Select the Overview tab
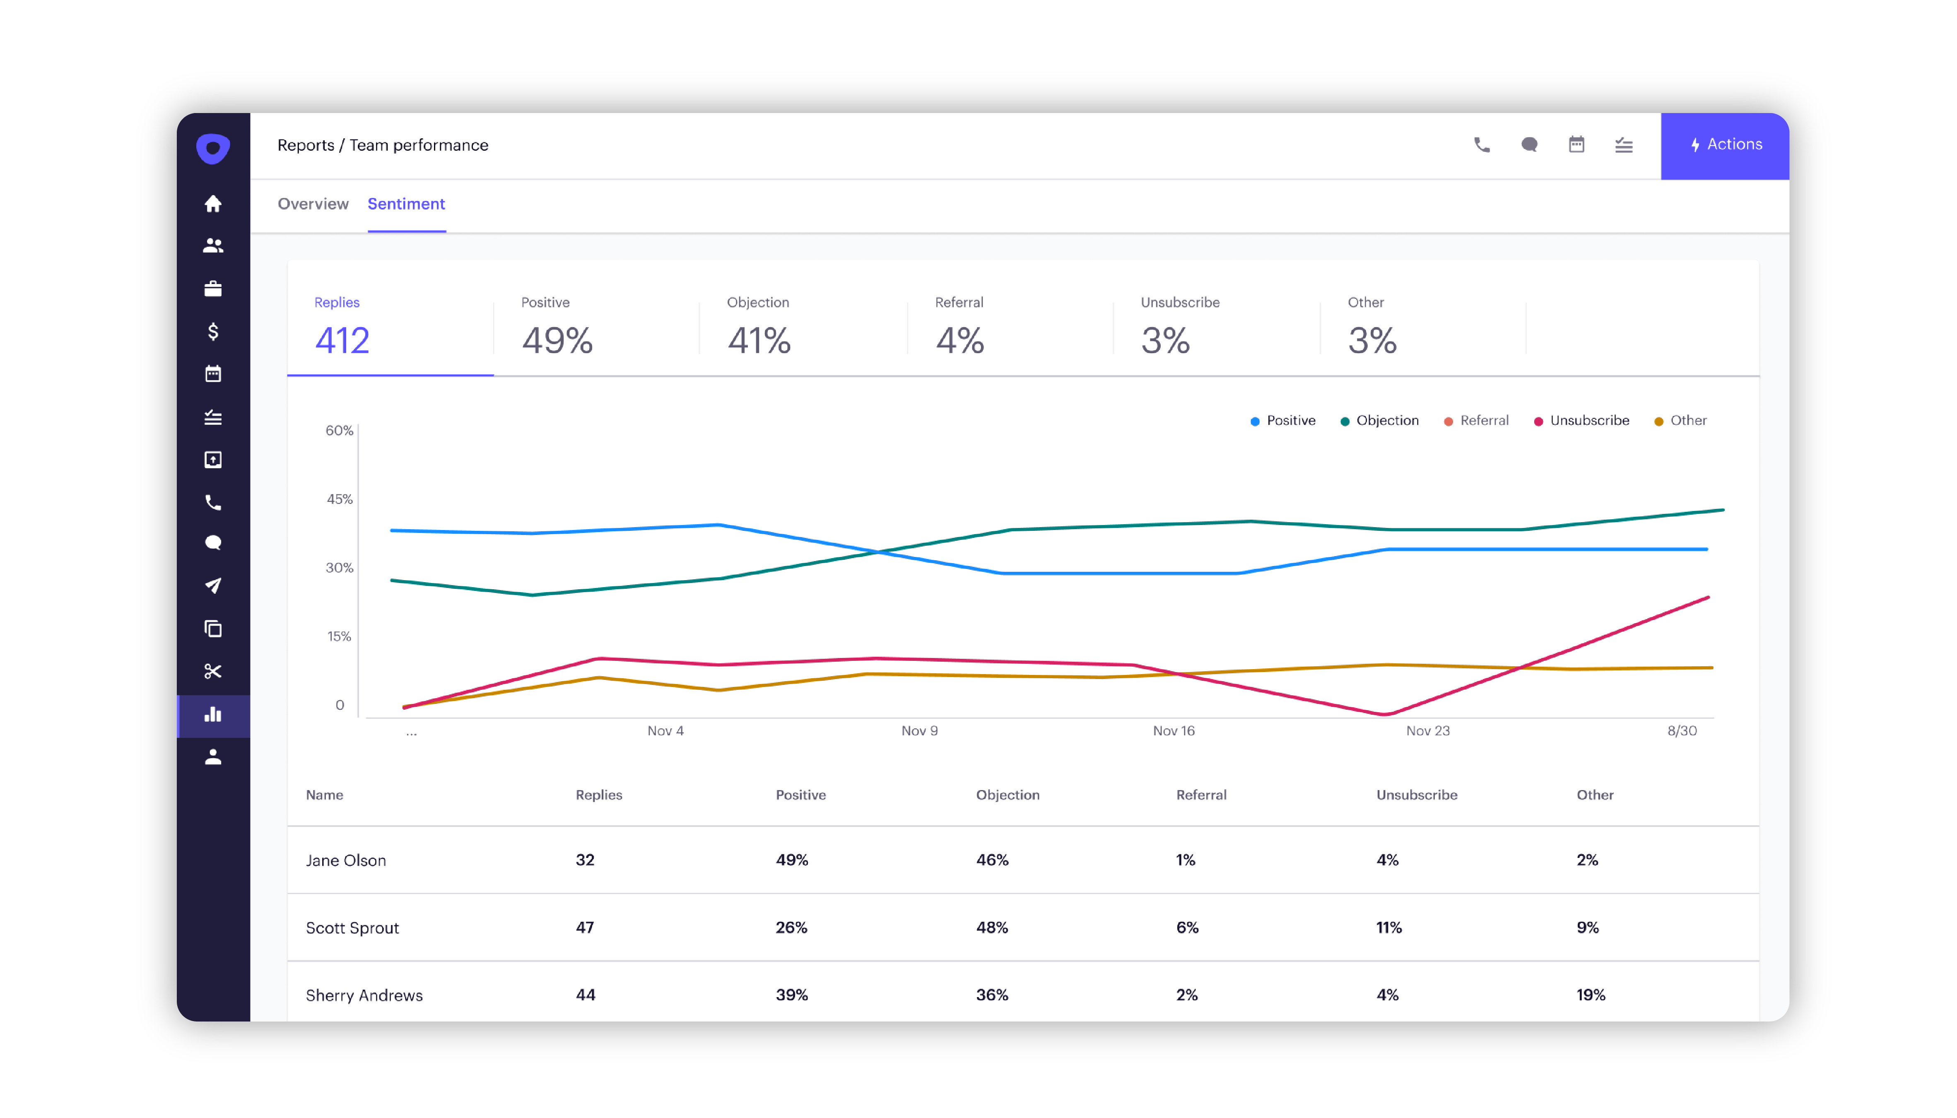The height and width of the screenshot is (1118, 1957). tap(313, 203)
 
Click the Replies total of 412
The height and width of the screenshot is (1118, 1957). tap(342, 340)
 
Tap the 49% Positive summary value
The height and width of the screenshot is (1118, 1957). tap(557, 340)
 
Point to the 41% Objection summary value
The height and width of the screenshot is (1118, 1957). tap(759, 340)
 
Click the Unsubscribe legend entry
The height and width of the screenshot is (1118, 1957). tap(1588, 420)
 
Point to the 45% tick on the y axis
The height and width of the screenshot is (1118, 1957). tap(339, 499)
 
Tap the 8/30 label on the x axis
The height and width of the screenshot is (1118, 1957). tap(1681, 730)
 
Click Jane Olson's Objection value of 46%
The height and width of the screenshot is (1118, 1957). tap(991, 860)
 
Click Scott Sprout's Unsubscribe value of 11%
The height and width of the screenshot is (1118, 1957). tap(1388, 928)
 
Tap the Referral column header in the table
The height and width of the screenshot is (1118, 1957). tap(1201, 795)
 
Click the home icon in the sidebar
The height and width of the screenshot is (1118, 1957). tap(213, 203)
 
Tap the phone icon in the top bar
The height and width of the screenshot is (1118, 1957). tap(1481, 145)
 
